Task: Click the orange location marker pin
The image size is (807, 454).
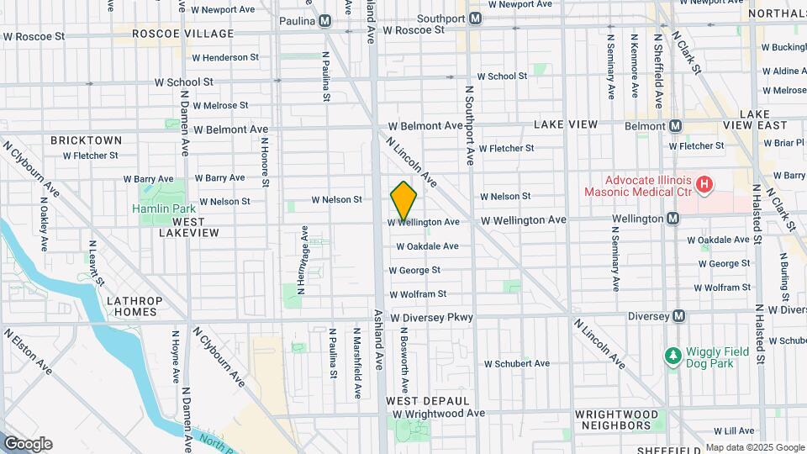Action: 403,201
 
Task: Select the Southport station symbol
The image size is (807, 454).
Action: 476,18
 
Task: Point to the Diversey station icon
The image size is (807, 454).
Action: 679,316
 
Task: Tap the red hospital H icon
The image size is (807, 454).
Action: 704,182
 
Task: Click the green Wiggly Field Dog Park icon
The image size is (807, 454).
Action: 672,356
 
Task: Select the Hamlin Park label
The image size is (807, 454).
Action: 163,209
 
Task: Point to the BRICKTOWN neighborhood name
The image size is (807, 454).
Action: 86,140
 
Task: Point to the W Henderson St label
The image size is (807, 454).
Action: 225,58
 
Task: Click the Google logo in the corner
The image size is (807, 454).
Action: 28,444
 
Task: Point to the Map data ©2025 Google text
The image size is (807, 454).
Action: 754,447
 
